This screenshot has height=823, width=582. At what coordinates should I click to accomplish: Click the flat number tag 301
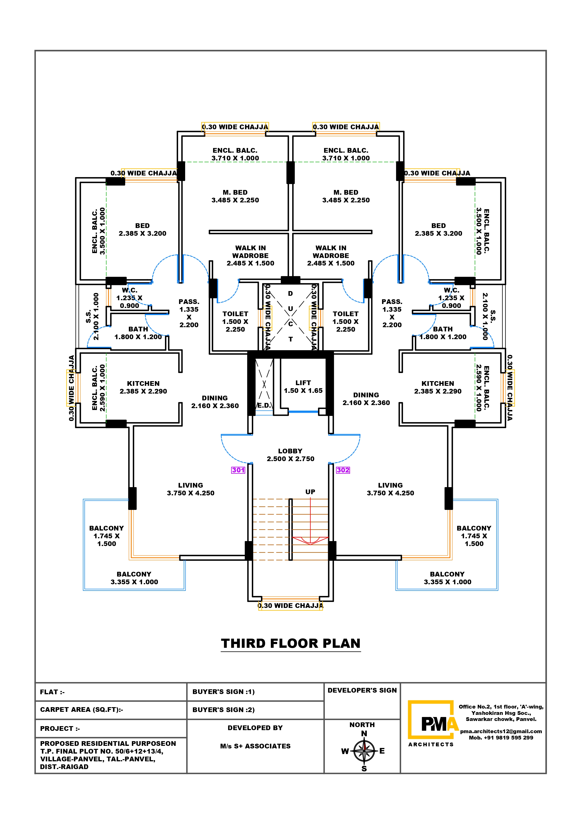[x=238, y=470]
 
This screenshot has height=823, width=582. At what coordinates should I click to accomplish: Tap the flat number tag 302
[x=343, y=470]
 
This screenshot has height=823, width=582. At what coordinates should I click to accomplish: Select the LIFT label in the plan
[x=303, y=383]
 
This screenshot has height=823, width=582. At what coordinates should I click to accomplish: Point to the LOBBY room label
[x=290, y=451]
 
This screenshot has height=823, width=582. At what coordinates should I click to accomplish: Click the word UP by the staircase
[x=310, y=492]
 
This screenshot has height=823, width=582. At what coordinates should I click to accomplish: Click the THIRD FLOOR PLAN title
[x=291, y=643]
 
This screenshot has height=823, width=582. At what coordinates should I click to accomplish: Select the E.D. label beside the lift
[x=264, y=406]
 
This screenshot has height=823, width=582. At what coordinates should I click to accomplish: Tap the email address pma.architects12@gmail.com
[x=501, y=731]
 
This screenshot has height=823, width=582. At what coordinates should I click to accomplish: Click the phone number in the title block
[x=501, y=738]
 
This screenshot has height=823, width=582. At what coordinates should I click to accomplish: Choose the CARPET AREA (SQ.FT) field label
[x=81, y=710]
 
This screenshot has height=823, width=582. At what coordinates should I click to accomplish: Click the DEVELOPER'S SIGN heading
[x=362, y=690]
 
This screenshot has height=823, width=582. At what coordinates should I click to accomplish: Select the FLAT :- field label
[x=52, y=692]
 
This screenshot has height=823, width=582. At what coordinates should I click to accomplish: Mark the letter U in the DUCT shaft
[x=291, y=309]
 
